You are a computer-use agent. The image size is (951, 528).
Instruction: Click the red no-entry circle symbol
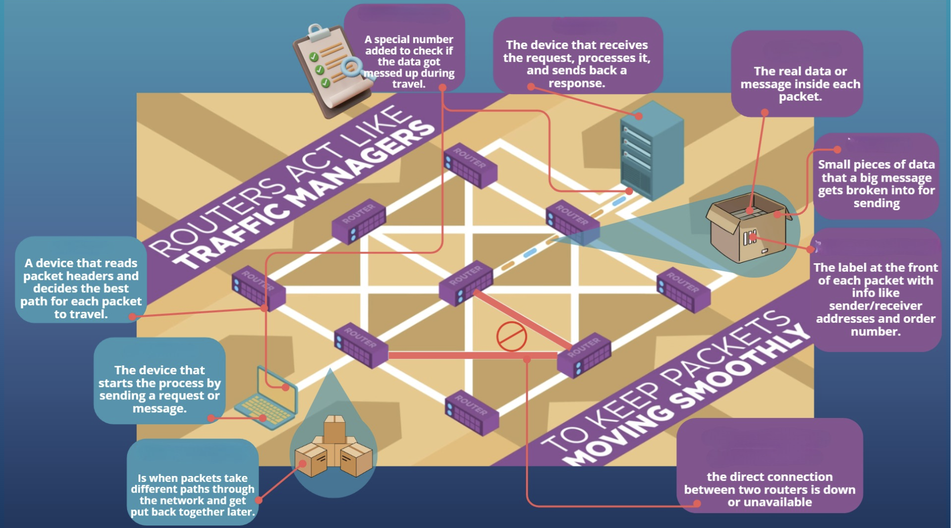pos(511,336)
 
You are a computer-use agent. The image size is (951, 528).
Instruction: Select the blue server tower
pos(651,150)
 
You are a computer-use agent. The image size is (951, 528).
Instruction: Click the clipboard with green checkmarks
pos(329,70)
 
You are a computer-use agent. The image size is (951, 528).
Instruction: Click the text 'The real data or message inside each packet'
pos(800,84)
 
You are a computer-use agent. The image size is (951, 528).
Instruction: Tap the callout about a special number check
pos(404,48)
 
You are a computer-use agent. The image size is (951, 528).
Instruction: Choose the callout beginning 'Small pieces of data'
pos(876,176)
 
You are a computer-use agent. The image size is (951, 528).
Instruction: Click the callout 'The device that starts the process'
pos(159,380)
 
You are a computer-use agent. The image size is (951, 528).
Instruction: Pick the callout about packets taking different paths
pos(192,482)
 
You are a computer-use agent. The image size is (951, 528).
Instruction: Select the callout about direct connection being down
pos(769,465)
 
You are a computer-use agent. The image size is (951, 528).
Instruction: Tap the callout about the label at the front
pos(875,290)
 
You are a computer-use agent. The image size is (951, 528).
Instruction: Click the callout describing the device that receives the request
pos(577,55)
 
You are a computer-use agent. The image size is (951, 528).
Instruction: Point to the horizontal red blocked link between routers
pos(473,355)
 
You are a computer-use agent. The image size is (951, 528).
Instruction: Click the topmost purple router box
pos(470,165)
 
